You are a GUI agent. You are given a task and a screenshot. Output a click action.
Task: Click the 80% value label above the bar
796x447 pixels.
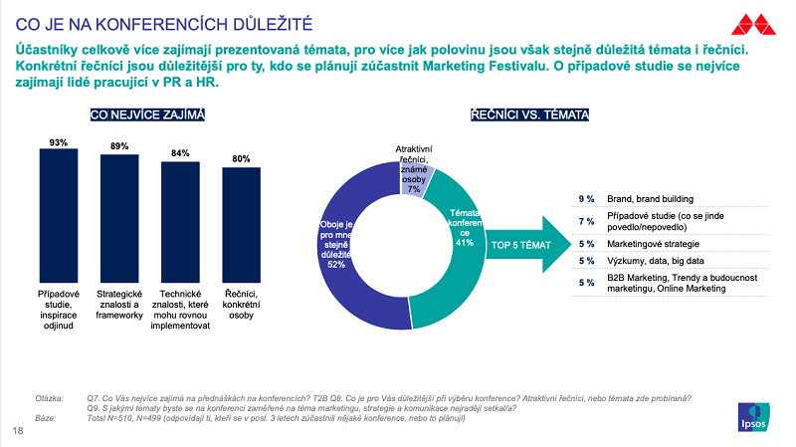(241, 159)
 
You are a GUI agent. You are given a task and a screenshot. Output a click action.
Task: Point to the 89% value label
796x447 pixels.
(119, 147)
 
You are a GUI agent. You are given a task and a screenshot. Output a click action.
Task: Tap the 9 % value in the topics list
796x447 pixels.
(587, 198)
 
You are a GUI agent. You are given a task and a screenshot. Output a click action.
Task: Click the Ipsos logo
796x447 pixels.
(757, 418)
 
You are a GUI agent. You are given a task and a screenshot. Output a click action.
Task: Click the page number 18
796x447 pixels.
(18, 431)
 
